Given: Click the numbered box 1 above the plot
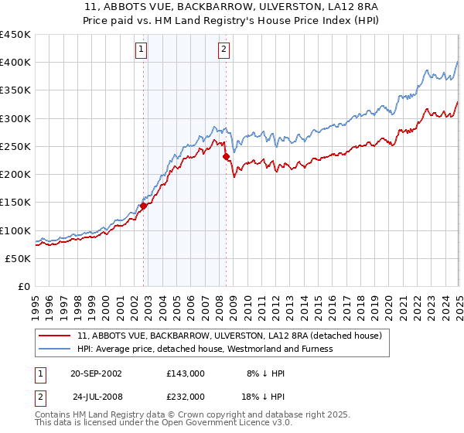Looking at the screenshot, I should pos(142,50).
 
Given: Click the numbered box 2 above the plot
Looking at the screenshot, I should pos(223,50).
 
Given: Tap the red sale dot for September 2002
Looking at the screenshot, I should pos(143,206).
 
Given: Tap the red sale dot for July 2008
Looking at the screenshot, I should pos(227,157).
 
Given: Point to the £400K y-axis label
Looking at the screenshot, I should pos(15,63).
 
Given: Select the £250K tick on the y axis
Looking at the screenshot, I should pos(15,146).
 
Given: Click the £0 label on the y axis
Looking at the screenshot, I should pos(23,286).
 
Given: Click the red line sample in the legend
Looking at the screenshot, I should pos(56,336).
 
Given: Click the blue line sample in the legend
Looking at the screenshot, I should pos(56,349).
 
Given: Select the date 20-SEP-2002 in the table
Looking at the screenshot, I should pos(96,373).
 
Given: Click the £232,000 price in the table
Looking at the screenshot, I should pos(186,396).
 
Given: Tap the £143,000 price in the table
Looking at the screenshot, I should pos(186,373).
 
